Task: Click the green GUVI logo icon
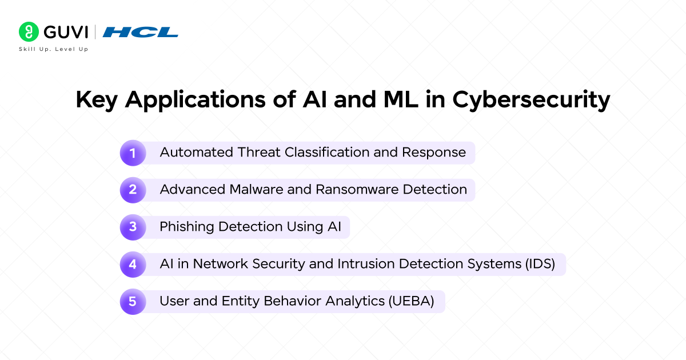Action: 27,32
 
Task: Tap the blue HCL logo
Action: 140,32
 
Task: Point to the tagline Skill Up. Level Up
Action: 54,49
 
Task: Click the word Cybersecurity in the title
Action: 531,100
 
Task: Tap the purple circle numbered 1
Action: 133,153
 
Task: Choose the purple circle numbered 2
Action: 133,190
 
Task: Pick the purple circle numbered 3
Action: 133,227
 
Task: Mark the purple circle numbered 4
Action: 133,264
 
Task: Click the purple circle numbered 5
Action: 133,301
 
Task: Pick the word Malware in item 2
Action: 258,190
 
